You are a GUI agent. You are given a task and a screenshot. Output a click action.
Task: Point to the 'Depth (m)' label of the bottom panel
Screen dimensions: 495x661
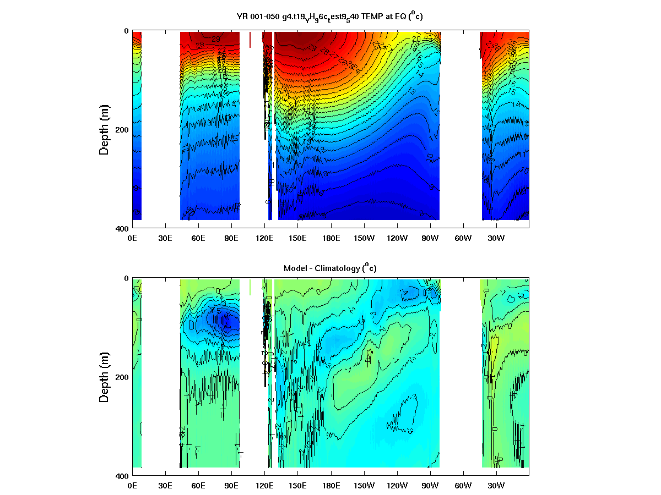(x=104, y=377)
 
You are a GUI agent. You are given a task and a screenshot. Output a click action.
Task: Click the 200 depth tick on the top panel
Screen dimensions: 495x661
(x=122, y=130)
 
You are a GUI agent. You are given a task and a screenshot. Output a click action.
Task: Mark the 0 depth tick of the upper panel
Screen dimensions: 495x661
(x=126, y=31)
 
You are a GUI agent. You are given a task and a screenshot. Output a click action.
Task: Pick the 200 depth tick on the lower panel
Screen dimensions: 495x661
(x=122, y=377)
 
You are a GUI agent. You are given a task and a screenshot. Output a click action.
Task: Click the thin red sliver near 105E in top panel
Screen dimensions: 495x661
(x=250, y=40)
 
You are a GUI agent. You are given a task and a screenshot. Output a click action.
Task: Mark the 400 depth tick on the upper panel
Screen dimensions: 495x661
(x=122, y=228)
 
